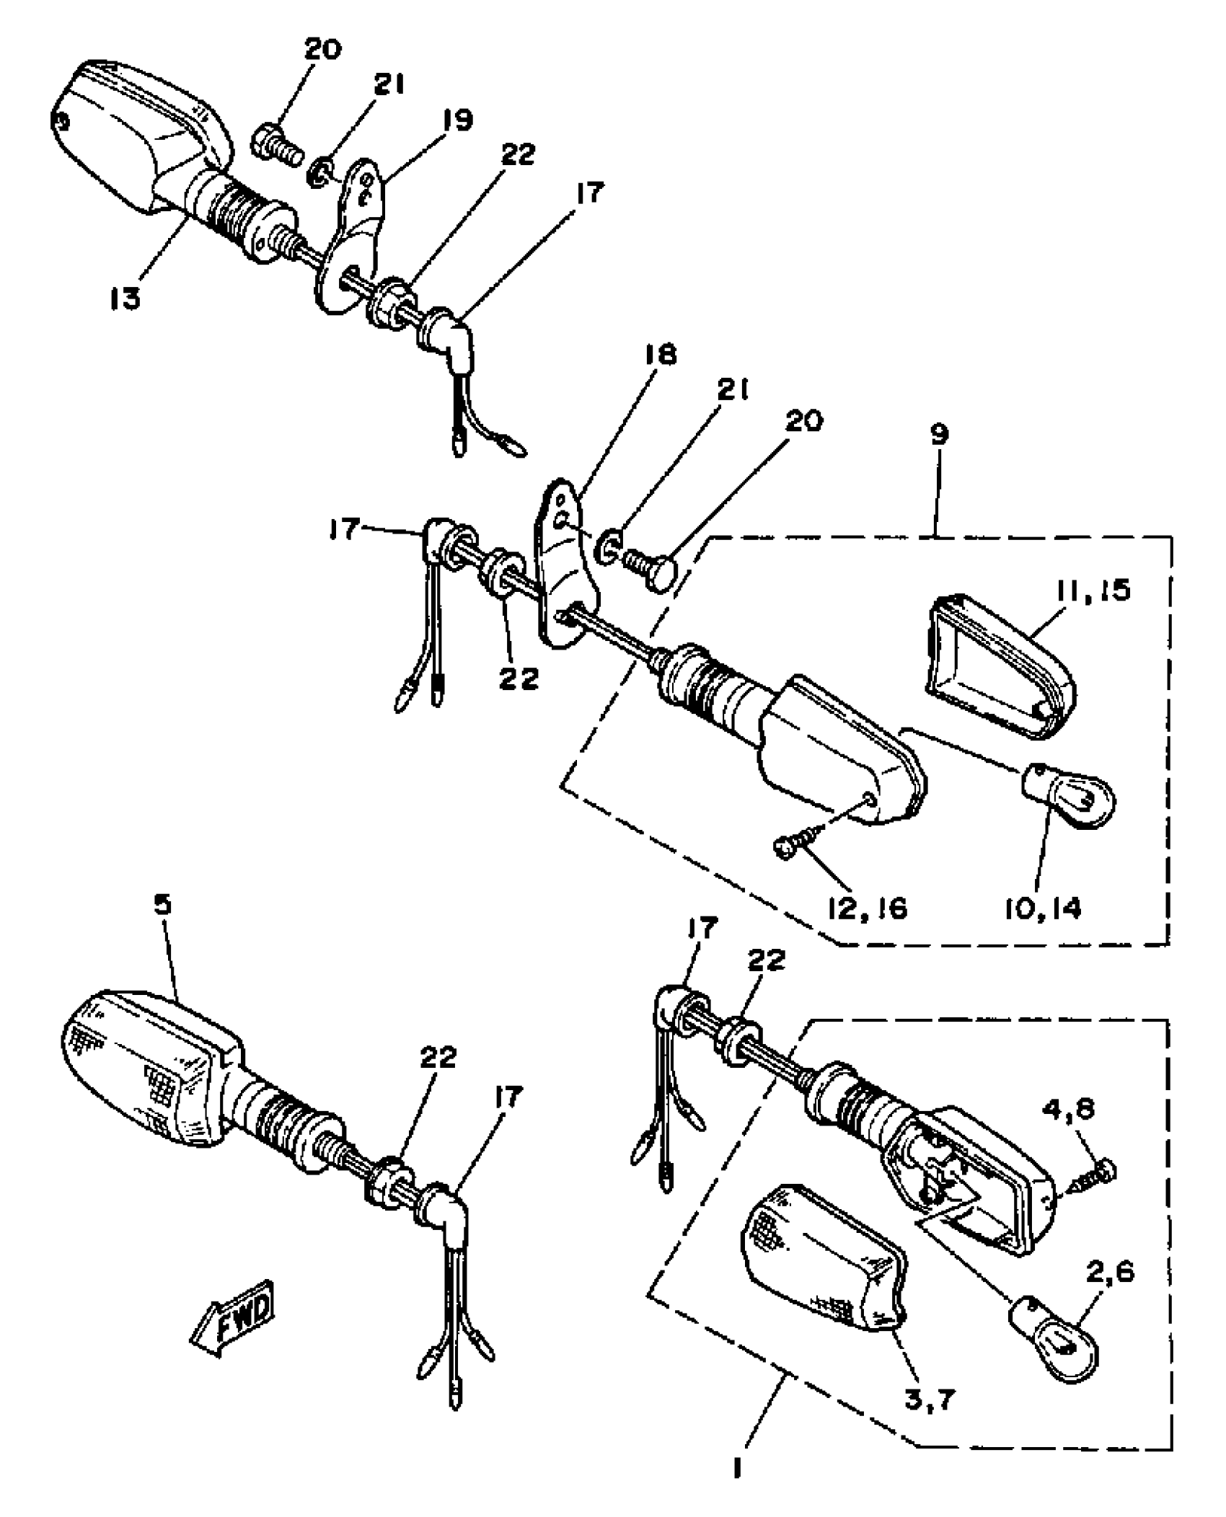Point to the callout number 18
click(658, 355)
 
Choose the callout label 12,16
click(865, 909)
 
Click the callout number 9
click(939, 435)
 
